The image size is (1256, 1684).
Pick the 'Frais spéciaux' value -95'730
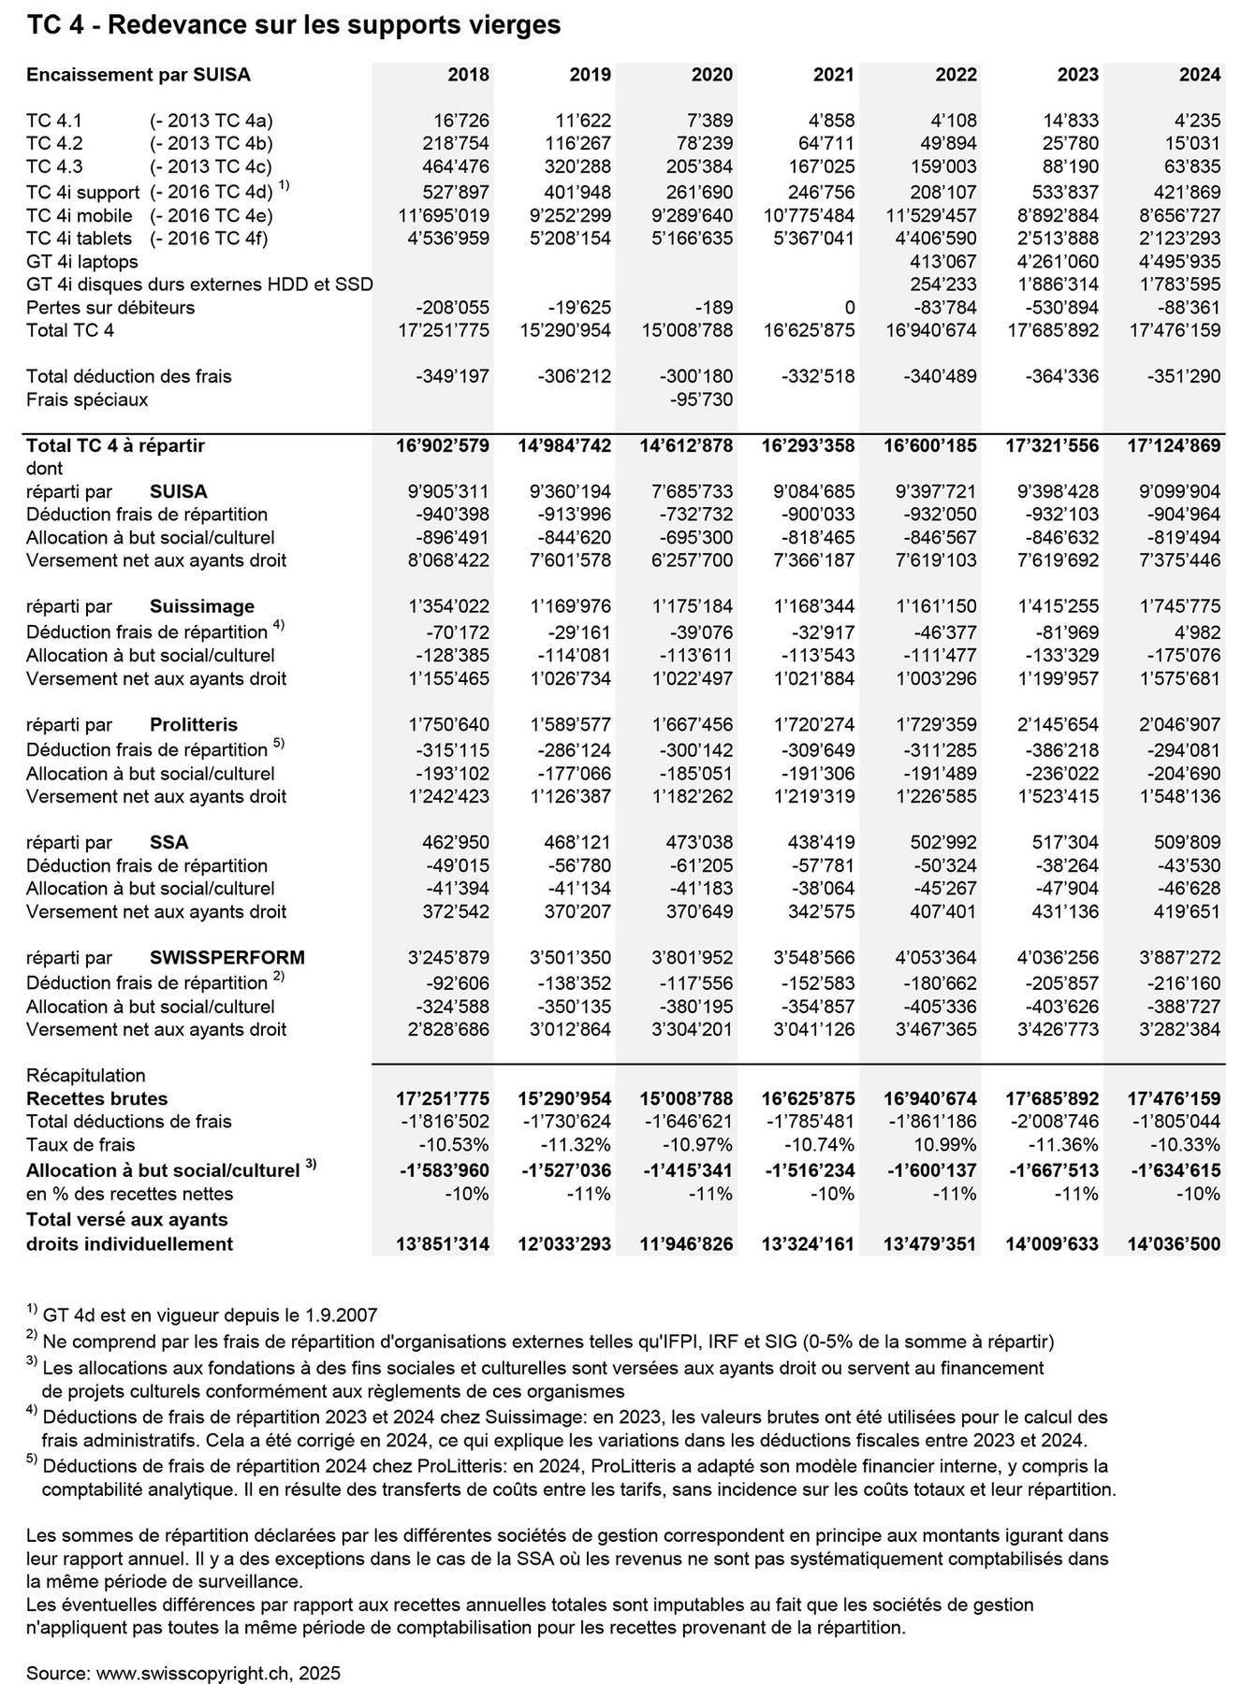pyautogui.click(x=701, y=399)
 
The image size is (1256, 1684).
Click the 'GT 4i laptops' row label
pyautogui.click(x=82, y=261)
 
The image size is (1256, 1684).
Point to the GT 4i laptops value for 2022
pyautogui.click(x=943, y=261)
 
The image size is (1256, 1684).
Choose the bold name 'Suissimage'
pyautogui.click(x=202, y=606)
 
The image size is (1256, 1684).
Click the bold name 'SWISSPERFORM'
pyautogui.click(x=227, y=958)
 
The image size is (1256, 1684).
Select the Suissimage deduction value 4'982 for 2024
pyautogui.click(x=1197, y=632)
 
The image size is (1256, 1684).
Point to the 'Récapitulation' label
pyautogui.click(x=86, y=1076)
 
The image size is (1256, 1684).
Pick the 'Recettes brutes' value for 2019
pyautogui.click(x=564, y=1099)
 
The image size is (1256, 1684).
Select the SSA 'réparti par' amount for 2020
pyautogui.click(x=702, y=842)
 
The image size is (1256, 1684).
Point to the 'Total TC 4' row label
pyautogui.click(x=71, y=330)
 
